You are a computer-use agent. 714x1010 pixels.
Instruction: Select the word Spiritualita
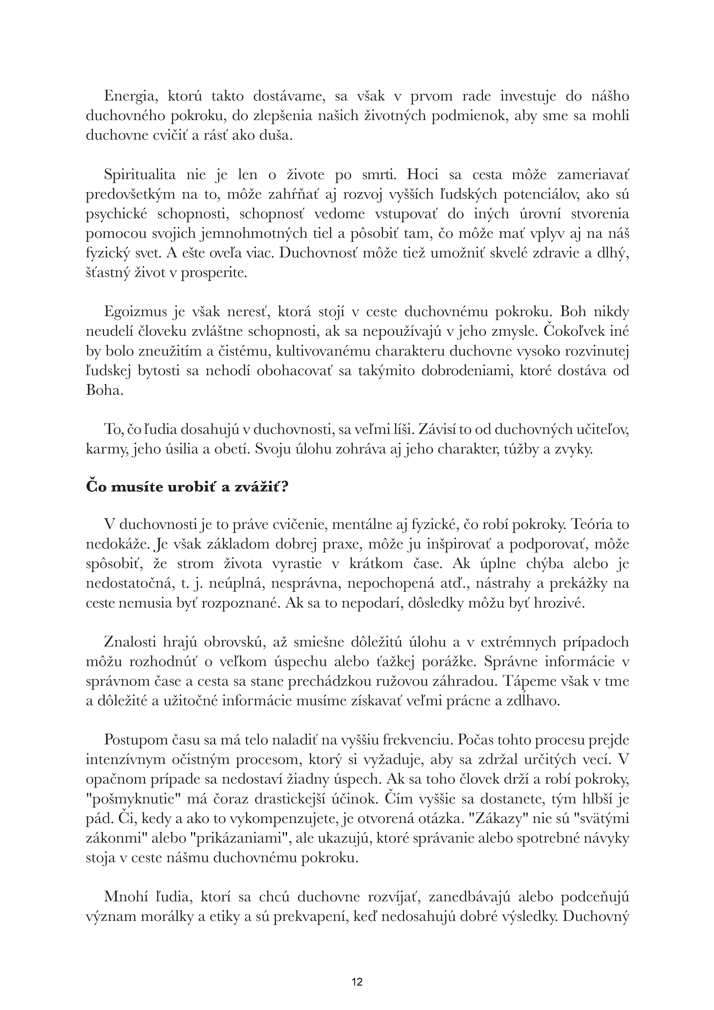pyautogui.click(x=140, y=175)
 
